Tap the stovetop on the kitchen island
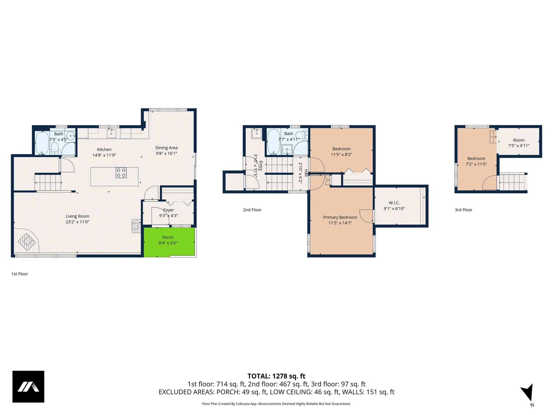(121, 173)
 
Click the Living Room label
(77, 216)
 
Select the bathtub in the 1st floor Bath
(42, 143)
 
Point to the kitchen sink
(111, 133)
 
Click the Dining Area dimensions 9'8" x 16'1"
(166, 153)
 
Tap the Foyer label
(168, 210)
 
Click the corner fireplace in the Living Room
(26, 240)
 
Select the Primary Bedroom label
(340, 217)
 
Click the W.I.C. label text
(394, 203)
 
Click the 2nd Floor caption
(252, 210)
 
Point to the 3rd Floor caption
(463, 210)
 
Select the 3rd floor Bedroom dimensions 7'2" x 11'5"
(476, 164)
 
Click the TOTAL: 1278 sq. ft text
(276, 376)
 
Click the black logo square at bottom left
(28, 386)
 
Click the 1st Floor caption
(20, 274)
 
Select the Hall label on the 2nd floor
(306, 173)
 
